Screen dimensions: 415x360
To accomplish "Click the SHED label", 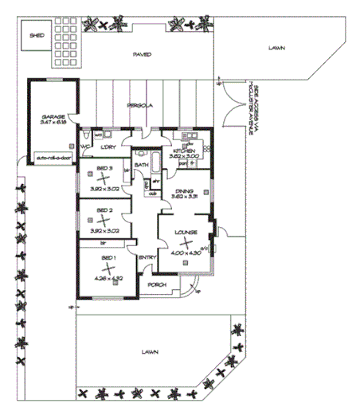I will click(37, 36).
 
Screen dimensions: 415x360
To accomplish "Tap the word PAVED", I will click(143, 54).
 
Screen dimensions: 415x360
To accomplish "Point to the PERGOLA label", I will click(141, 105).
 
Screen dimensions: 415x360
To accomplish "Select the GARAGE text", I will click(53, 117).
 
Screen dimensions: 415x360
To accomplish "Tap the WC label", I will click(84, 147).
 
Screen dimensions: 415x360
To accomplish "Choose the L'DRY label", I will click(110, 147).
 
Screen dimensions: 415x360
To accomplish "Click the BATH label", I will click(141, 165).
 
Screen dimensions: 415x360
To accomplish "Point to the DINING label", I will click(185, 191).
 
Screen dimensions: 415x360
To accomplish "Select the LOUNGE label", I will click(187, 232).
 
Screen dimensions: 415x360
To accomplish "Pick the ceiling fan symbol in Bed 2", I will click(104, 221).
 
